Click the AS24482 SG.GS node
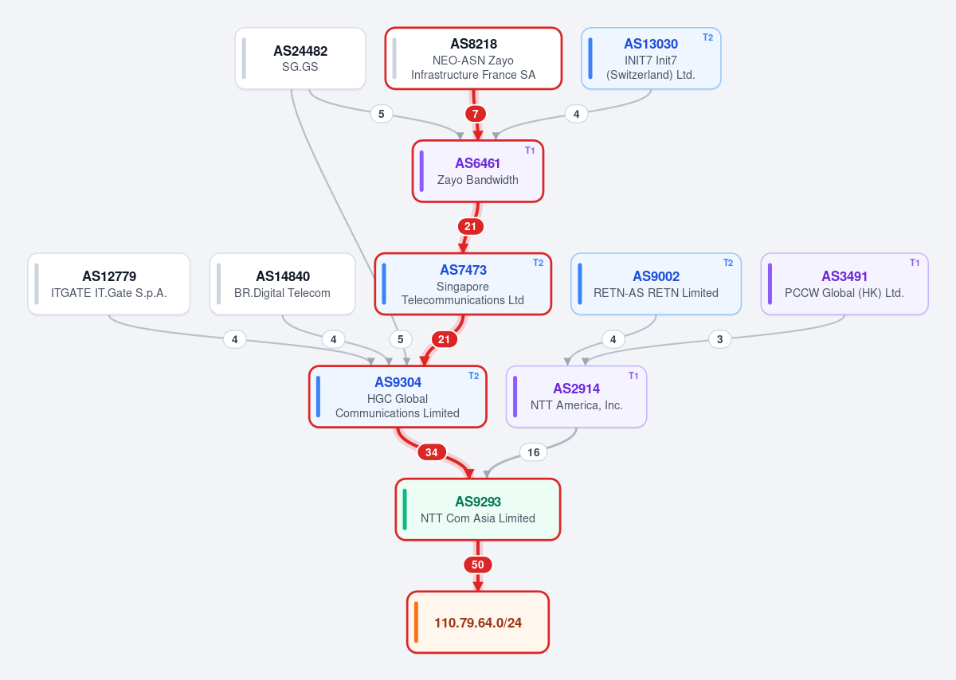[300, 58]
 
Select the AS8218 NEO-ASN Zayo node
[473, 58]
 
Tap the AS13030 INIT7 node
[651, 58]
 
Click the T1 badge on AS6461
[530, 150]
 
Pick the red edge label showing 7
[475, 114]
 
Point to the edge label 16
[533, 452]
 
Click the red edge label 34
[432, 452]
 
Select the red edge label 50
[477, 565]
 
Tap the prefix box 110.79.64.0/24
[477, 622]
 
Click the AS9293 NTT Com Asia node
[477, 510]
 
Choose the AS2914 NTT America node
[576, 397]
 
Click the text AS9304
[398, 382]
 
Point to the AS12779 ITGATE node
[109, 284]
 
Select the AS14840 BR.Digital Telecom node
[283, 284]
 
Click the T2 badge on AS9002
[728, 263]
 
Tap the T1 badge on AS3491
[915, 263]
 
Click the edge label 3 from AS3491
[719, 339]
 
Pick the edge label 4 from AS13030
[576, 114]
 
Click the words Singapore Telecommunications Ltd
[463, 293]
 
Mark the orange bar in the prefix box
[416, 622]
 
